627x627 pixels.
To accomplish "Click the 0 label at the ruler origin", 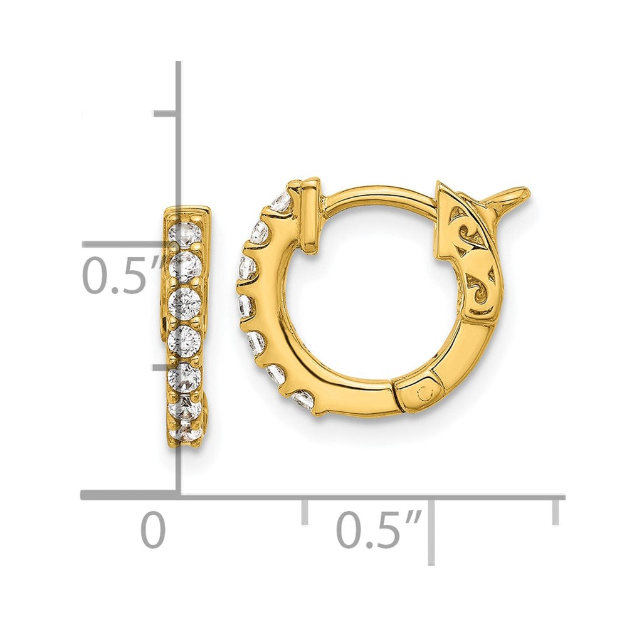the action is point(153,530).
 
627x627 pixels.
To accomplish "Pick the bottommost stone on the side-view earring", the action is point(185,433).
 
